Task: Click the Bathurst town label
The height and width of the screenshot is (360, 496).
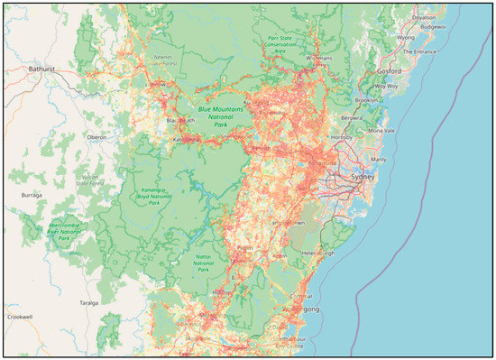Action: click(41, 68)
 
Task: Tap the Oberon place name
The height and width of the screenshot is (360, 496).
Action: click(96, 136)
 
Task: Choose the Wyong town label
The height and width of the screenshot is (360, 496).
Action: click(406, 38)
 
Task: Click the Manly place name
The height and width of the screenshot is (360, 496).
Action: click(378, 159)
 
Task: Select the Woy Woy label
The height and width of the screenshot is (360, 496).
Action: click(387, 86)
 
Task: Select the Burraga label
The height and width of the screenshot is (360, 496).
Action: click(31, 193)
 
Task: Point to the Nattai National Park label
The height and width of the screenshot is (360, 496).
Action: click(205, 262)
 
